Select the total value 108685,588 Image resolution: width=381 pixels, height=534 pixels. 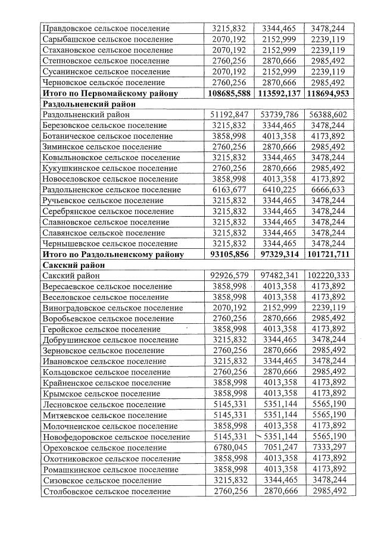click(229, 93)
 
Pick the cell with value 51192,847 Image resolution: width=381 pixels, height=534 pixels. click(229, 114)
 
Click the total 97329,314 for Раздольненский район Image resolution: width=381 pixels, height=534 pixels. click(280, 254)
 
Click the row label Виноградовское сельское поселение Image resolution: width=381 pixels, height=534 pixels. click(113, 308)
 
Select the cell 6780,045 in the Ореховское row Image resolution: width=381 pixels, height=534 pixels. click(229, 448)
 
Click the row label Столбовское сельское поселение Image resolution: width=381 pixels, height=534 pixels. click(106, 491)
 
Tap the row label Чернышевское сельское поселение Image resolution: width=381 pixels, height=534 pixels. click(110, 243)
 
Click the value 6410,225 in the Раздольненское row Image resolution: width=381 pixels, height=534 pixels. click(280, 189)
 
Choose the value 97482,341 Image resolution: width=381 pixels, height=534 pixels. click(280, 276)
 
